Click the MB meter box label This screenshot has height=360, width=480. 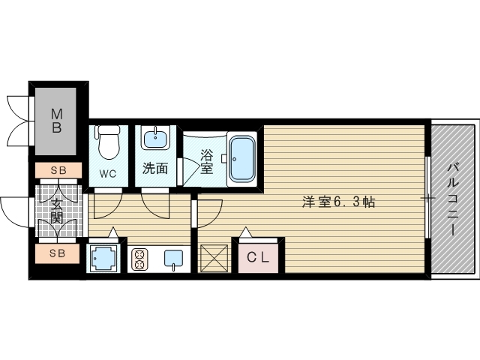click(x=56, y=120)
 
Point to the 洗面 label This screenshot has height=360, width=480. click(x=155, y=169)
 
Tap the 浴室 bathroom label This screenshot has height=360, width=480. click(x=206, y=162)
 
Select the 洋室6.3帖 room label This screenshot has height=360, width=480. click(x=339, y=202)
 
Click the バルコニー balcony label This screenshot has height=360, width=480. click(x=453, y=198)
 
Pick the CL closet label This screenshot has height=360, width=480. click(x=259, y=258)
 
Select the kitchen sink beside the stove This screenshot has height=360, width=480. click(x=172, y=259)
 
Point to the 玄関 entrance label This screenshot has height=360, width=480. click(x=57, y=211)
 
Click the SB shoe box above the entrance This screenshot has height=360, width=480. click(x=58, y=170)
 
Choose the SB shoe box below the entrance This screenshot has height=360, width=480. click(x=58, y=253)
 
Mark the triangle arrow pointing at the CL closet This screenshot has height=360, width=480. click(x=245, y=232)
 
